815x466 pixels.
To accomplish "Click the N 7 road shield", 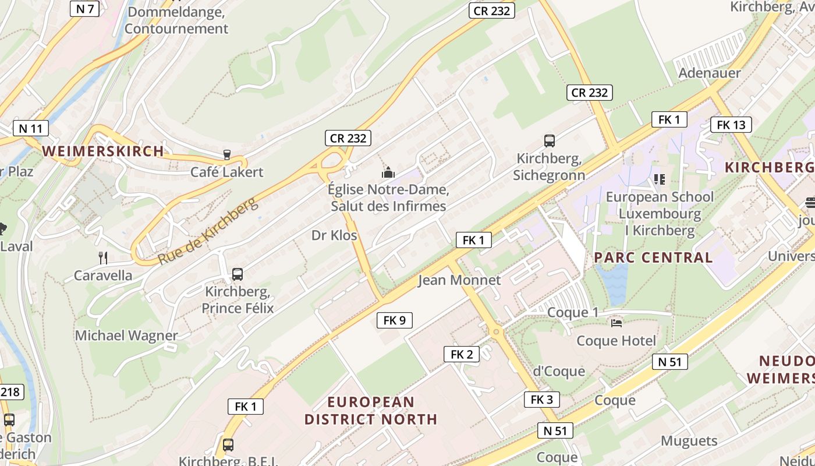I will [85, 8].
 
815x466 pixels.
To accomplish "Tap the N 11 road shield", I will [30, 128].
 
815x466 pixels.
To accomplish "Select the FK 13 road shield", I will [731, 125].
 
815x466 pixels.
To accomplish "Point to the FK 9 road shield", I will [395, 320].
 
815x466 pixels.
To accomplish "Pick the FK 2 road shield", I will [462, 354].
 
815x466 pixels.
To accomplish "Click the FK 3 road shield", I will [542, 400].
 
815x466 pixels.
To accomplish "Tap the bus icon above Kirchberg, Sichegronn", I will [549, 140].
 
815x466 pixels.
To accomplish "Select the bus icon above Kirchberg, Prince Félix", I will [237, 274].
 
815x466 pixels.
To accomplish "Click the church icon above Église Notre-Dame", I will [388, 172].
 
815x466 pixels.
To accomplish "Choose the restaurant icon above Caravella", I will [103, 258].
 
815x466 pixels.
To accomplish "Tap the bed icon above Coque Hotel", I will [616, 323].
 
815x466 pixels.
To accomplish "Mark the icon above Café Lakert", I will [226, 155].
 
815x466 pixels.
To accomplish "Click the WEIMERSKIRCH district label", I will [103, 151].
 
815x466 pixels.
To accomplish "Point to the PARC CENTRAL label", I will [653, 257].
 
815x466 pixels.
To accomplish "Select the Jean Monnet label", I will [459, 280].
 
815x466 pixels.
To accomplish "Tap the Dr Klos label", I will [334, 235].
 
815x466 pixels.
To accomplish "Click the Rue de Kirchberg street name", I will [207, 231].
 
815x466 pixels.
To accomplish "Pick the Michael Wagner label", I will [126, 336].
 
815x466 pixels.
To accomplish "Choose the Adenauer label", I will [710, 73].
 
